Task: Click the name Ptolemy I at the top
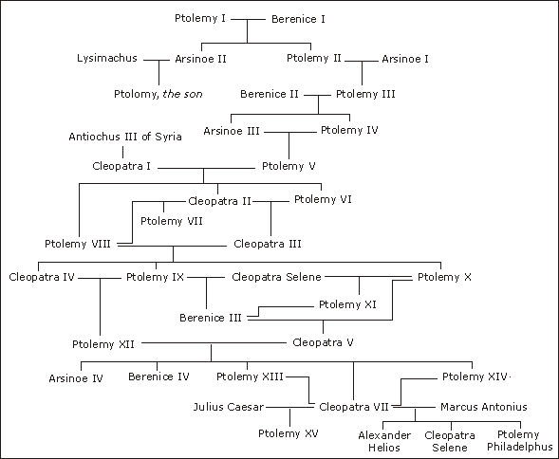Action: click(200, 18)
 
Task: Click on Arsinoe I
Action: click(405, 59)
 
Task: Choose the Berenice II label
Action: click(270, 94)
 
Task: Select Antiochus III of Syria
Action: click(125, 137)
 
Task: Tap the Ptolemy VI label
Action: click(324, 199)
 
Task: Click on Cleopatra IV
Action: click(41, 277)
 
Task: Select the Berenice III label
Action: click(210, 318)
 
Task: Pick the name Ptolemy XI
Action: click(347, 305)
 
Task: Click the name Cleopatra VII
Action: click(354, 407)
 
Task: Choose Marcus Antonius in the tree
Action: click(484, 407)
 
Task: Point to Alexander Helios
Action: click(384, 440)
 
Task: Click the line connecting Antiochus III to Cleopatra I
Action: click(122, 151)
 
